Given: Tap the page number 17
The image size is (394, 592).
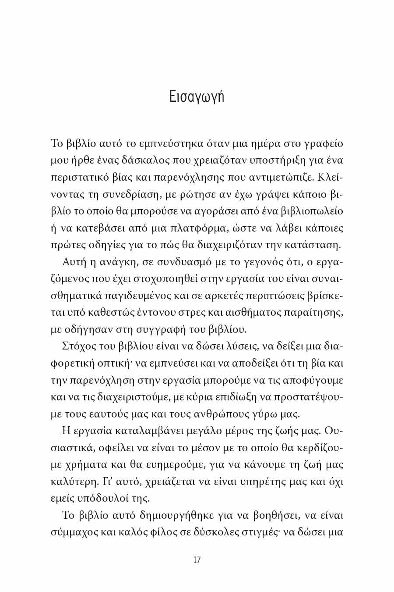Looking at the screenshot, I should point(197,560).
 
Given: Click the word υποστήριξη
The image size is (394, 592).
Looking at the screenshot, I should point(277,160).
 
